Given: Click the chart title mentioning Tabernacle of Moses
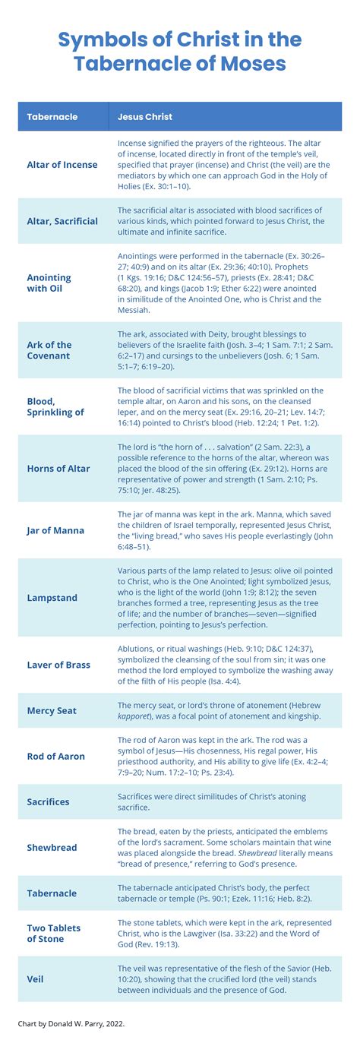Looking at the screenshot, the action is [x=180, y=52].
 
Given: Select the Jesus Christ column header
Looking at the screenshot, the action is [x=144, y=117].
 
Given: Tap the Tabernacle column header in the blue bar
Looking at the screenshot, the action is [x=52, y=117].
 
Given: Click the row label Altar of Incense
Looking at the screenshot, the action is [x=62, y=165].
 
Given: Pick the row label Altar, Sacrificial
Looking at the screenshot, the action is [x=62, y=221].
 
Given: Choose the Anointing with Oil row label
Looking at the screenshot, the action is [x=49, y=283].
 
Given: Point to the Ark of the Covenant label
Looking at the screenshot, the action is [x=49, y=350].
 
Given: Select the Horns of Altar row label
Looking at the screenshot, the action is [x=58, y=469].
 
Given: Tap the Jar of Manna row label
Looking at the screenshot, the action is [x=55, y=530].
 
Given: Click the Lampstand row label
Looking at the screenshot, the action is [x=52, y=598].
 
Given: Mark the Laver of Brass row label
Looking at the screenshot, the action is [x=58, y=665].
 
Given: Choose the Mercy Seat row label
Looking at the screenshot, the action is [x=52, y=711].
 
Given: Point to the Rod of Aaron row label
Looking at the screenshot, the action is [x=55, y=756].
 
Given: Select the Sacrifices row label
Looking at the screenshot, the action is [x=48, y=801].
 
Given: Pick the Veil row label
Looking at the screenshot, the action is [x=36, y=979].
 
